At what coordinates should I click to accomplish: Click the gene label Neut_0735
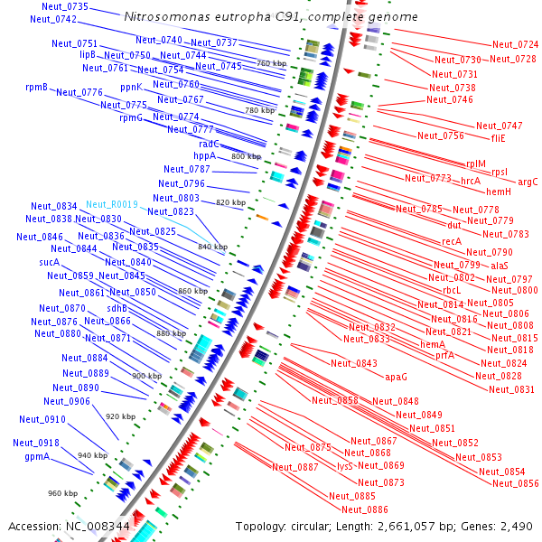pyautogui.click(x=64, y=6)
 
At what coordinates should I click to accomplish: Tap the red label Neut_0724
pyautogui.click(x=515, y=44)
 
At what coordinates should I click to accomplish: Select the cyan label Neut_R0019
pyautogui.click(x=113, y=205)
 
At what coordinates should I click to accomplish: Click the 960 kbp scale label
pyautogui.click(x=63, y=493)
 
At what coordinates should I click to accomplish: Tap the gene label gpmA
pyautogui.click(x=37, y=457)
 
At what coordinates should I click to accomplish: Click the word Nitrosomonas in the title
pyautogui.click(x=164, y=17)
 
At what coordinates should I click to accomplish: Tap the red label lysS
pyautogui.click(x=344, y=466)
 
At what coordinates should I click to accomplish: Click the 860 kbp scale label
pyautogui.click(x=192, y=291)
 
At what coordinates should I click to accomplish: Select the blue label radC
pyautogui.click(x=209, y=144)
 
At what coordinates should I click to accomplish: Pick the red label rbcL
pyautogui.click(x=452, y=290)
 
